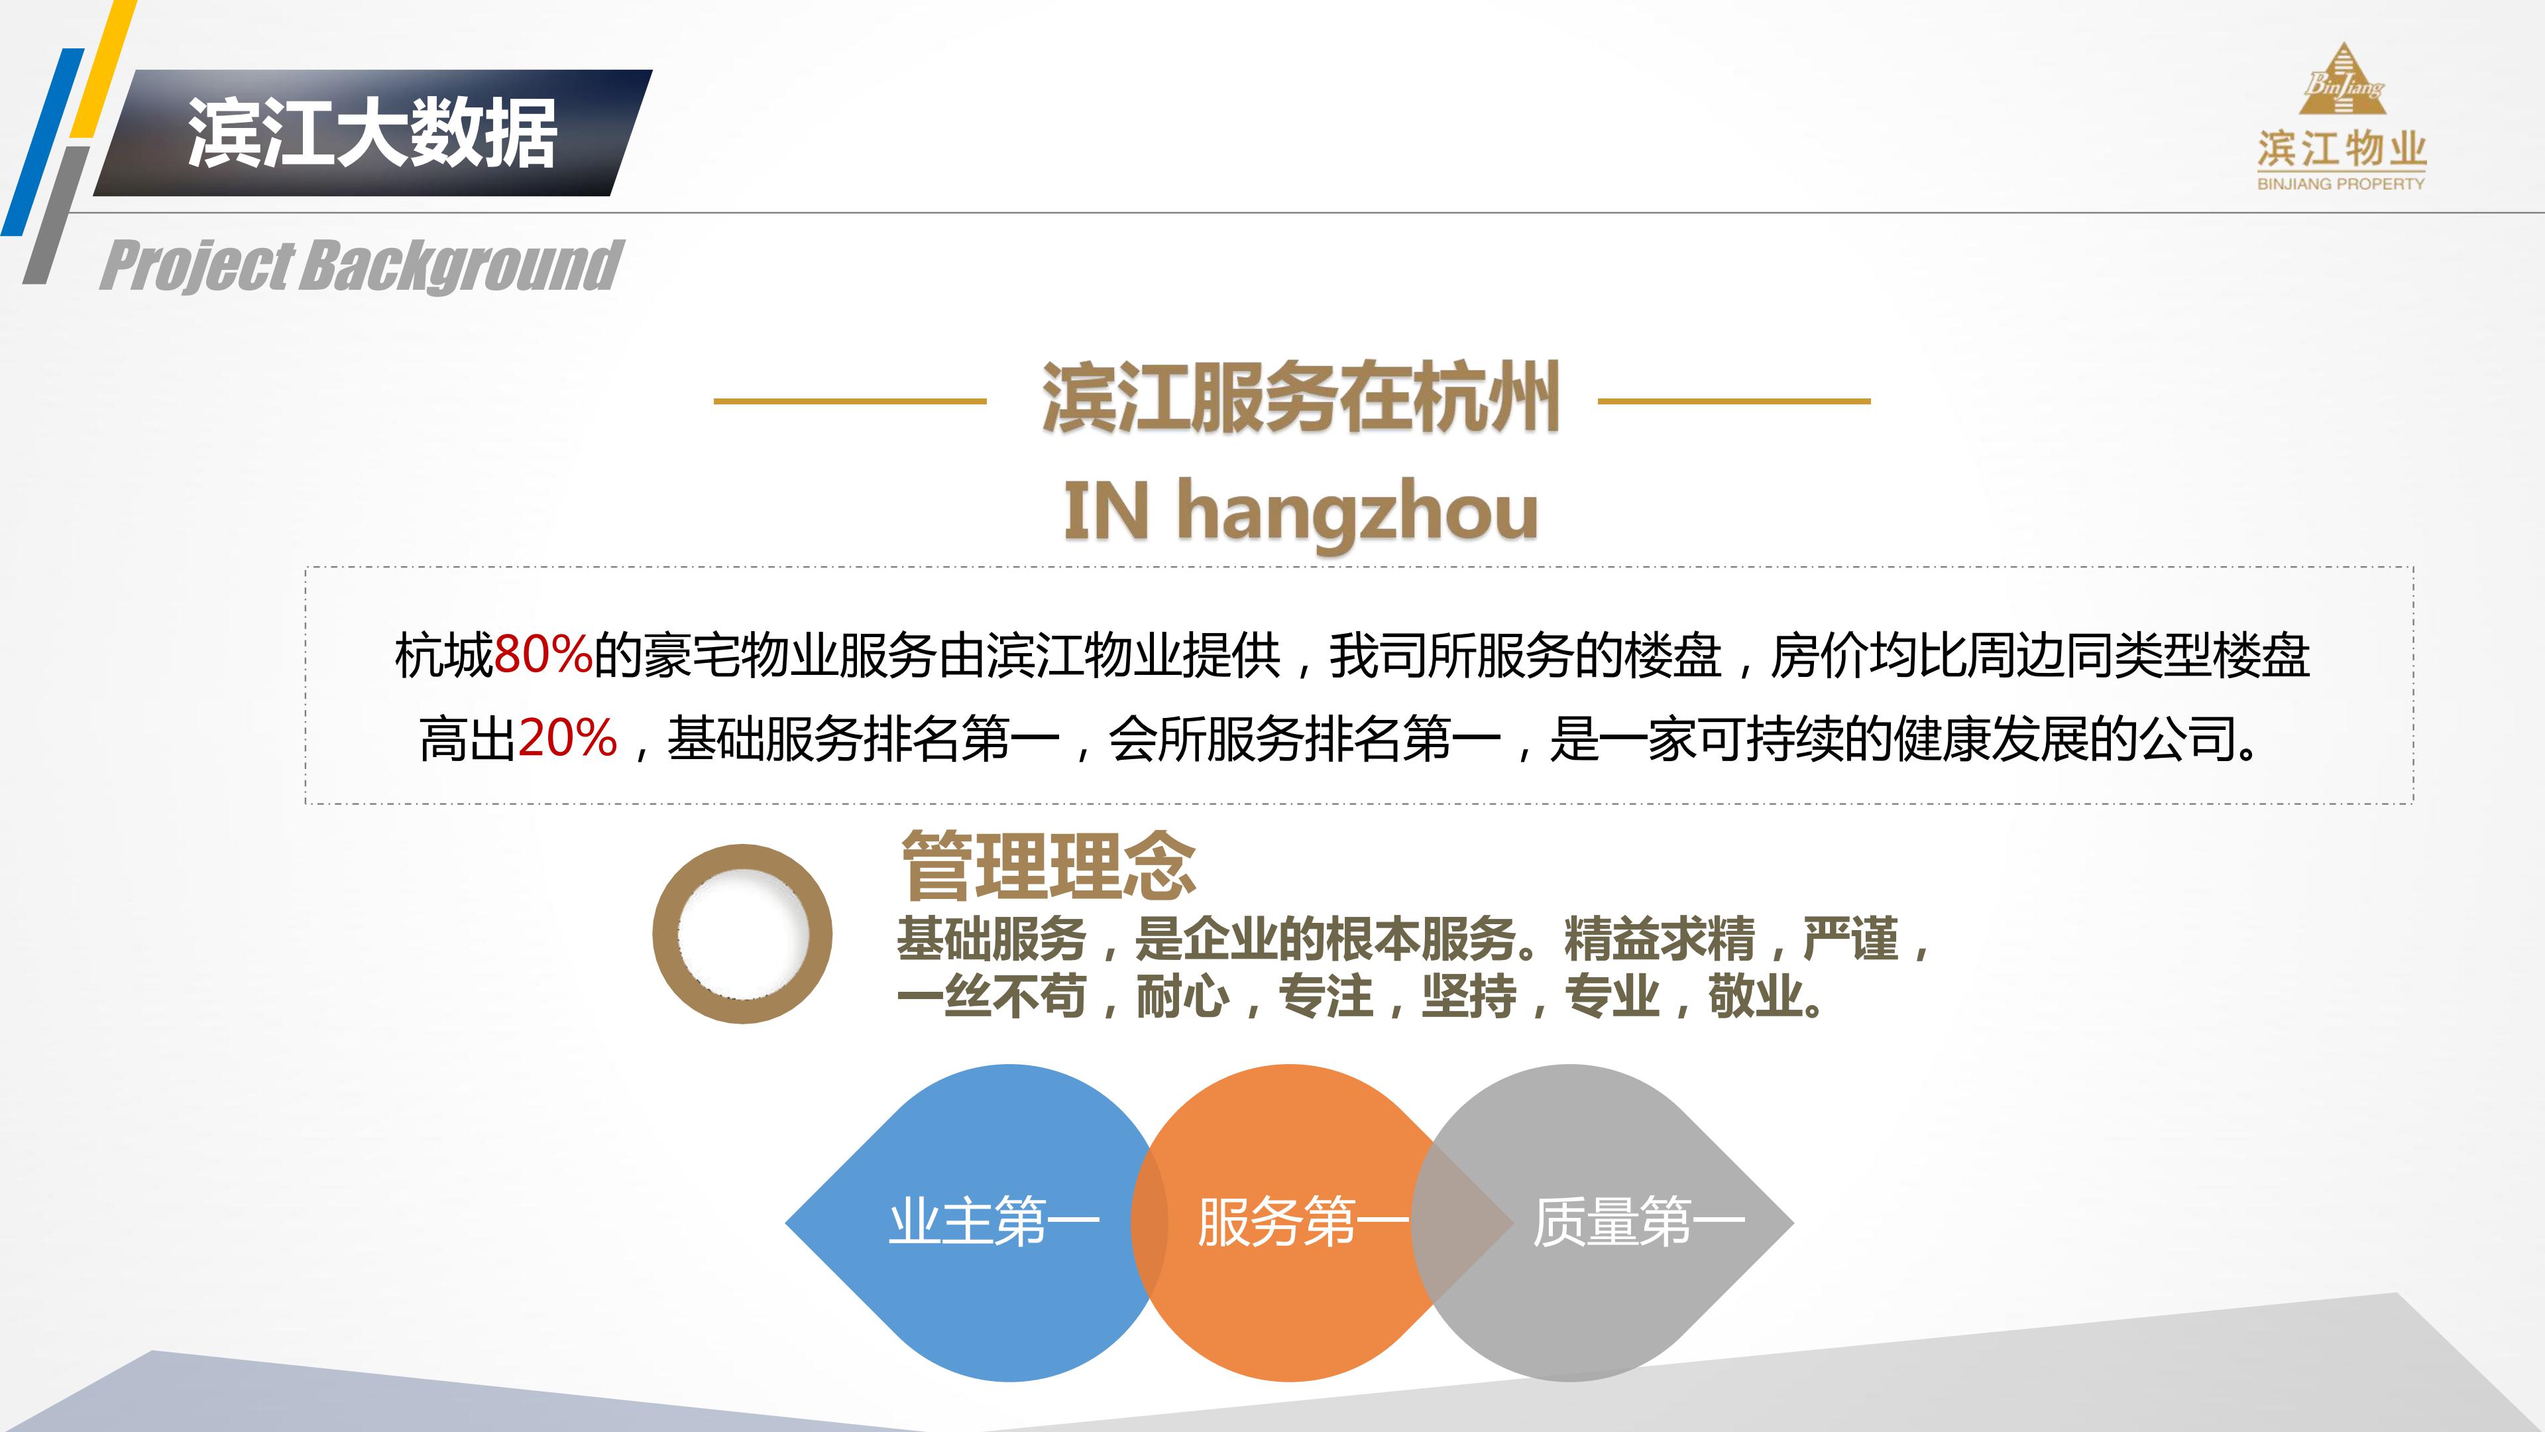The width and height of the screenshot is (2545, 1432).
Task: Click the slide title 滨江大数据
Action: tap(372, 133)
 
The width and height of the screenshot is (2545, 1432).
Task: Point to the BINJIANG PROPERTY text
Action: tap(2340, 184)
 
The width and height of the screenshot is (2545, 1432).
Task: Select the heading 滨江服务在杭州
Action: tap(1300, 398)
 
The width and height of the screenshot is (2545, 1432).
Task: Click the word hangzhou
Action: tap(1357, 512)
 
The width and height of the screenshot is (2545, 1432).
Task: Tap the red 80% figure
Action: tap(541, 654)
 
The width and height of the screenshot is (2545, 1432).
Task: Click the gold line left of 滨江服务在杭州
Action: tap(850, 401)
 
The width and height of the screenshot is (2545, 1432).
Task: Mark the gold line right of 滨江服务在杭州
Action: tap(1734, 401)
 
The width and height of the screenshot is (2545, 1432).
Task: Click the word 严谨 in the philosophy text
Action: tap(1850, 939)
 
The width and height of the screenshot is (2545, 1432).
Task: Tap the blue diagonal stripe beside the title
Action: tap(40, 143)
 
